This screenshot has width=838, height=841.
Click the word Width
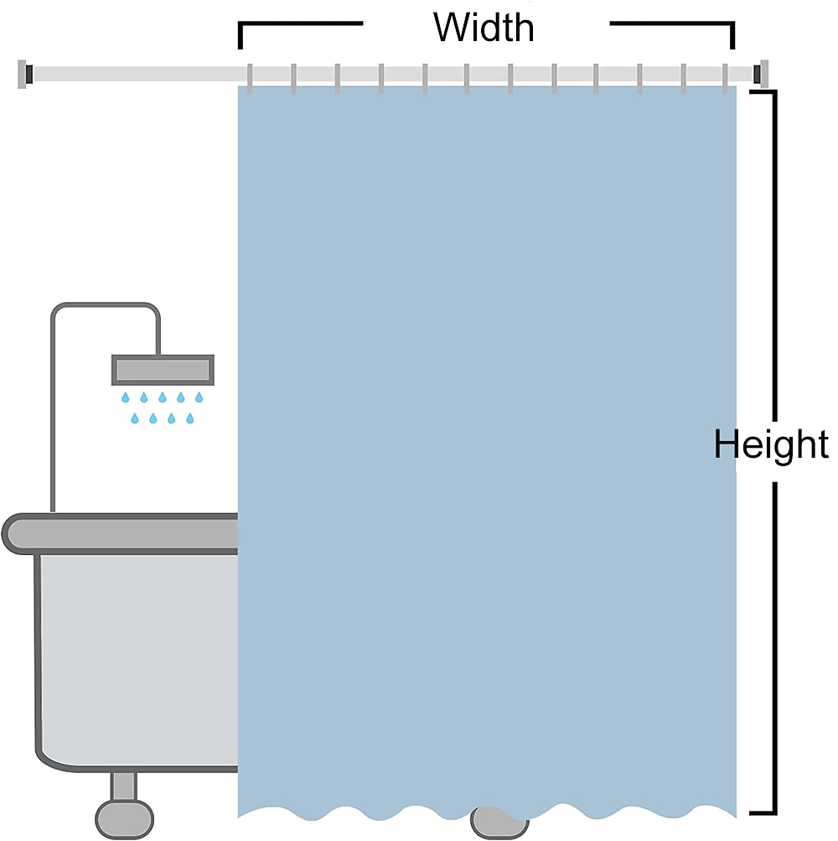point(484,28)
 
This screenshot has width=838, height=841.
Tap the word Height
point(770,444)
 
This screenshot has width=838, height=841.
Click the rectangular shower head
point(163,370)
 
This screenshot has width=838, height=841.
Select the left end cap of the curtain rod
point(25,74)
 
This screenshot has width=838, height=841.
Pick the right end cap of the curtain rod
point(761,74)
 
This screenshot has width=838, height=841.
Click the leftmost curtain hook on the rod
point(250,78)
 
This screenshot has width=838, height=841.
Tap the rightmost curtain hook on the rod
point(725,78)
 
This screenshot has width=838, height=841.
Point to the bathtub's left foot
point(124,806)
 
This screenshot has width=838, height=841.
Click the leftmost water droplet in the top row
point(126,397)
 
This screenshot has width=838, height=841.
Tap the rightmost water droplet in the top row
point(199,397)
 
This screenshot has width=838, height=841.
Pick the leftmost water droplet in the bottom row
point(135,418)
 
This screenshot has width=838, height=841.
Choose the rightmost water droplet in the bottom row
point(189,418)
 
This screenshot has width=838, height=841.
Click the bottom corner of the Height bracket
point(774,813)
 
